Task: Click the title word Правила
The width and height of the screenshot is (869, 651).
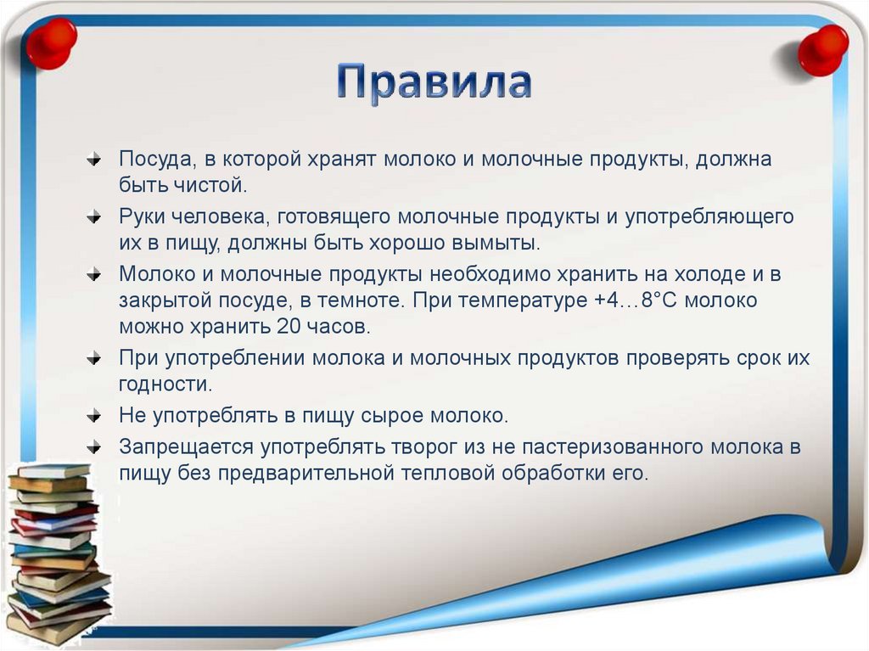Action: [x=434, y=82]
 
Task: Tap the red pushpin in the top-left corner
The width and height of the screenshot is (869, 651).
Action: [x=51, y=42]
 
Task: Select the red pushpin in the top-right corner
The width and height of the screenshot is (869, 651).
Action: [x=822, y=49]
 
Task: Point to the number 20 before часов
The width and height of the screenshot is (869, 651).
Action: [x=286, y=325]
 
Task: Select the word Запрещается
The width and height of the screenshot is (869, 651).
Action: [x=186, y=448]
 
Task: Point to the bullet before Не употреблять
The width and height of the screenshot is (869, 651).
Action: [x=94, y=416]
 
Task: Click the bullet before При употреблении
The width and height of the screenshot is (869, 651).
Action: [x=94, y=358]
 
